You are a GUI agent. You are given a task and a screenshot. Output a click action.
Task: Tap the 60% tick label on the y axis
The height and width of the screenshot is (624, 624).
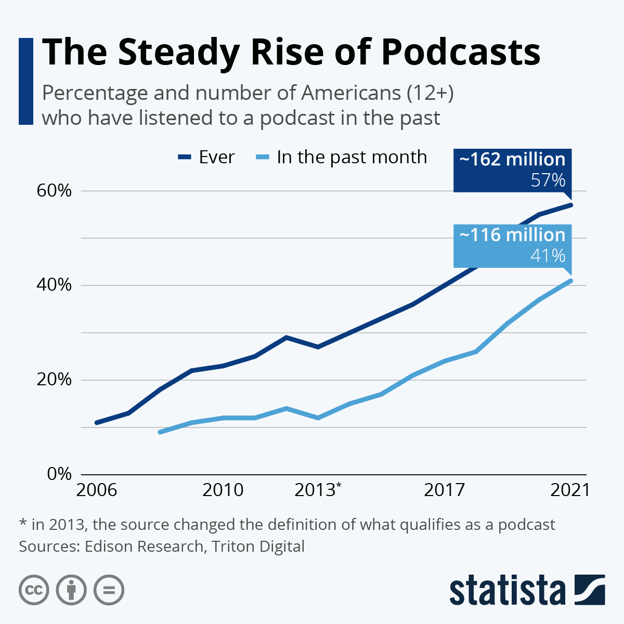54,191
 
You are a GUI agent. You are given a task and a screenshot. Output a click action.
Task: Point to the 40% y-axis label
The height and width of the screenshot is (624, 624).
54,285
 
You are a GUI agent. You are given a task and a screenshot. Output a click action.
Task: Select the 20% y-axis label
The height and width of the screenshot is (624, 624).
54,380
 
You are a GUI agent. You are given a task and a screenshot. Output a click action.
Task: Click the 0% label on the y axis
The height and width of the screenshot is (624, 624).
59,474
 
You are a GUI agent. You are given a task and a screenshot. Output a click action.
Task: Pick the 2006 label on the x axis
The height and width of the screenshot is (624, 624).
96,490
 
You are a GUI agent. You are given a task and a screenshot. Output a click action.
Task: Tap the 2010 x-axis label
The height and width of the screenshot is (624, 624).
223,490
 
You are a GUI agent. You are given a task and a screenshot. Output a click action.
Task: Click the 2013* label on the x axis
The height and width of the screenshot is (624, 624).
318,490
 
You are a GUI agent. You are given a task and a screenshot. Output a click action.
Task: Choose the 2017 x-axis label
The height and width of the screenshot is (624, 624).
444,490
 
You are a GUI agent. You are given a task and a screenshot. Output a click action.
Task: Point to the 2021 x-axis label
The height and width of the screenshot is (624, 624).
570,490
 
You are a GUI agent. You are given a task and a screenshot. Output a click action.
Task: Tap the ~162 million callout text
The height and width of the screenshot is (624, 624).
512,160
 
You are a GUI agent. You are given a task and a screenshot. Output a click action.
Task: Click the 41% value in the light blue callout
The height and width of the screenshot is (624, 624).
548,256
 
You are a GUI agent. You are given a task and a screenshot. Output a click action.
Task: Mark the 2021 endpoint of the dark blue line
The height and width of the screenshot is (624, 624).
571,205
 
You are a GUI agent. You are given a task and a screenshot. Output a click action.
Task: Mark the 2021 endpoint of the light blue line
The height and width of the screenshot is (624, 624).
571,281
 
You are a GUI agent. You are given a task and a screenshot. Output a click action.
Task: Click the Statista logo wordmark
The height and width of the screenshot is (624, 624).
508,591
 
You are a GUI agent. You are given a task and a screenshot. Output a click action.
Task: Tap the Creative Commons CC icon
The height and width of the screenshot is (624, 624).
34,590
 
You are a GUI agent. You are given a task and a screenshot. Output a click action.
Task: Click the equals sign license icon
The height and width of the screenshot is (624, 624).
109,590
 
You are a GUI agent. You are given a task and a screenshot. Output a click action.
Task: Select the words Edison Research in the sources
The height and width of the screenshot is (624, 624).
144,547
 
